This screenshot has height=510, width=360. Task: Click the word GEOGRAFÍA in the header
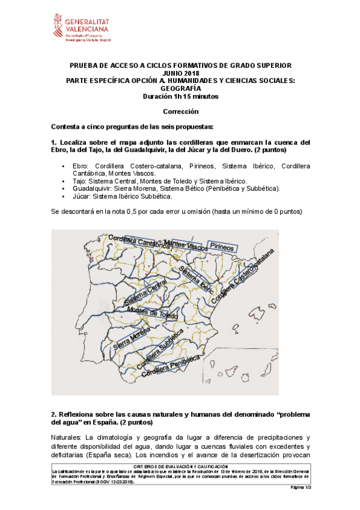180,88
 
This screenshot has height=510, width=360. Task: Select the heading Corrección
180,111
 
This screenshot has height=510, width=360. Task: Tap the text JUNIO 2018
180,73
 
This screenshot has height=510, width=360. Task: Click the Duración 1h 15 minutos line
180,96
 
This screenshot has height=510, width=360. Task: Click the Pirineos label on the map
222,245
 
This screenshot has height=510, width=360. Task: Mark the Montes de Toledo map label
153,314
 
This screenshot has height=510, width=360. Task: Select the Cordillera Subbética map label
159,349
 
